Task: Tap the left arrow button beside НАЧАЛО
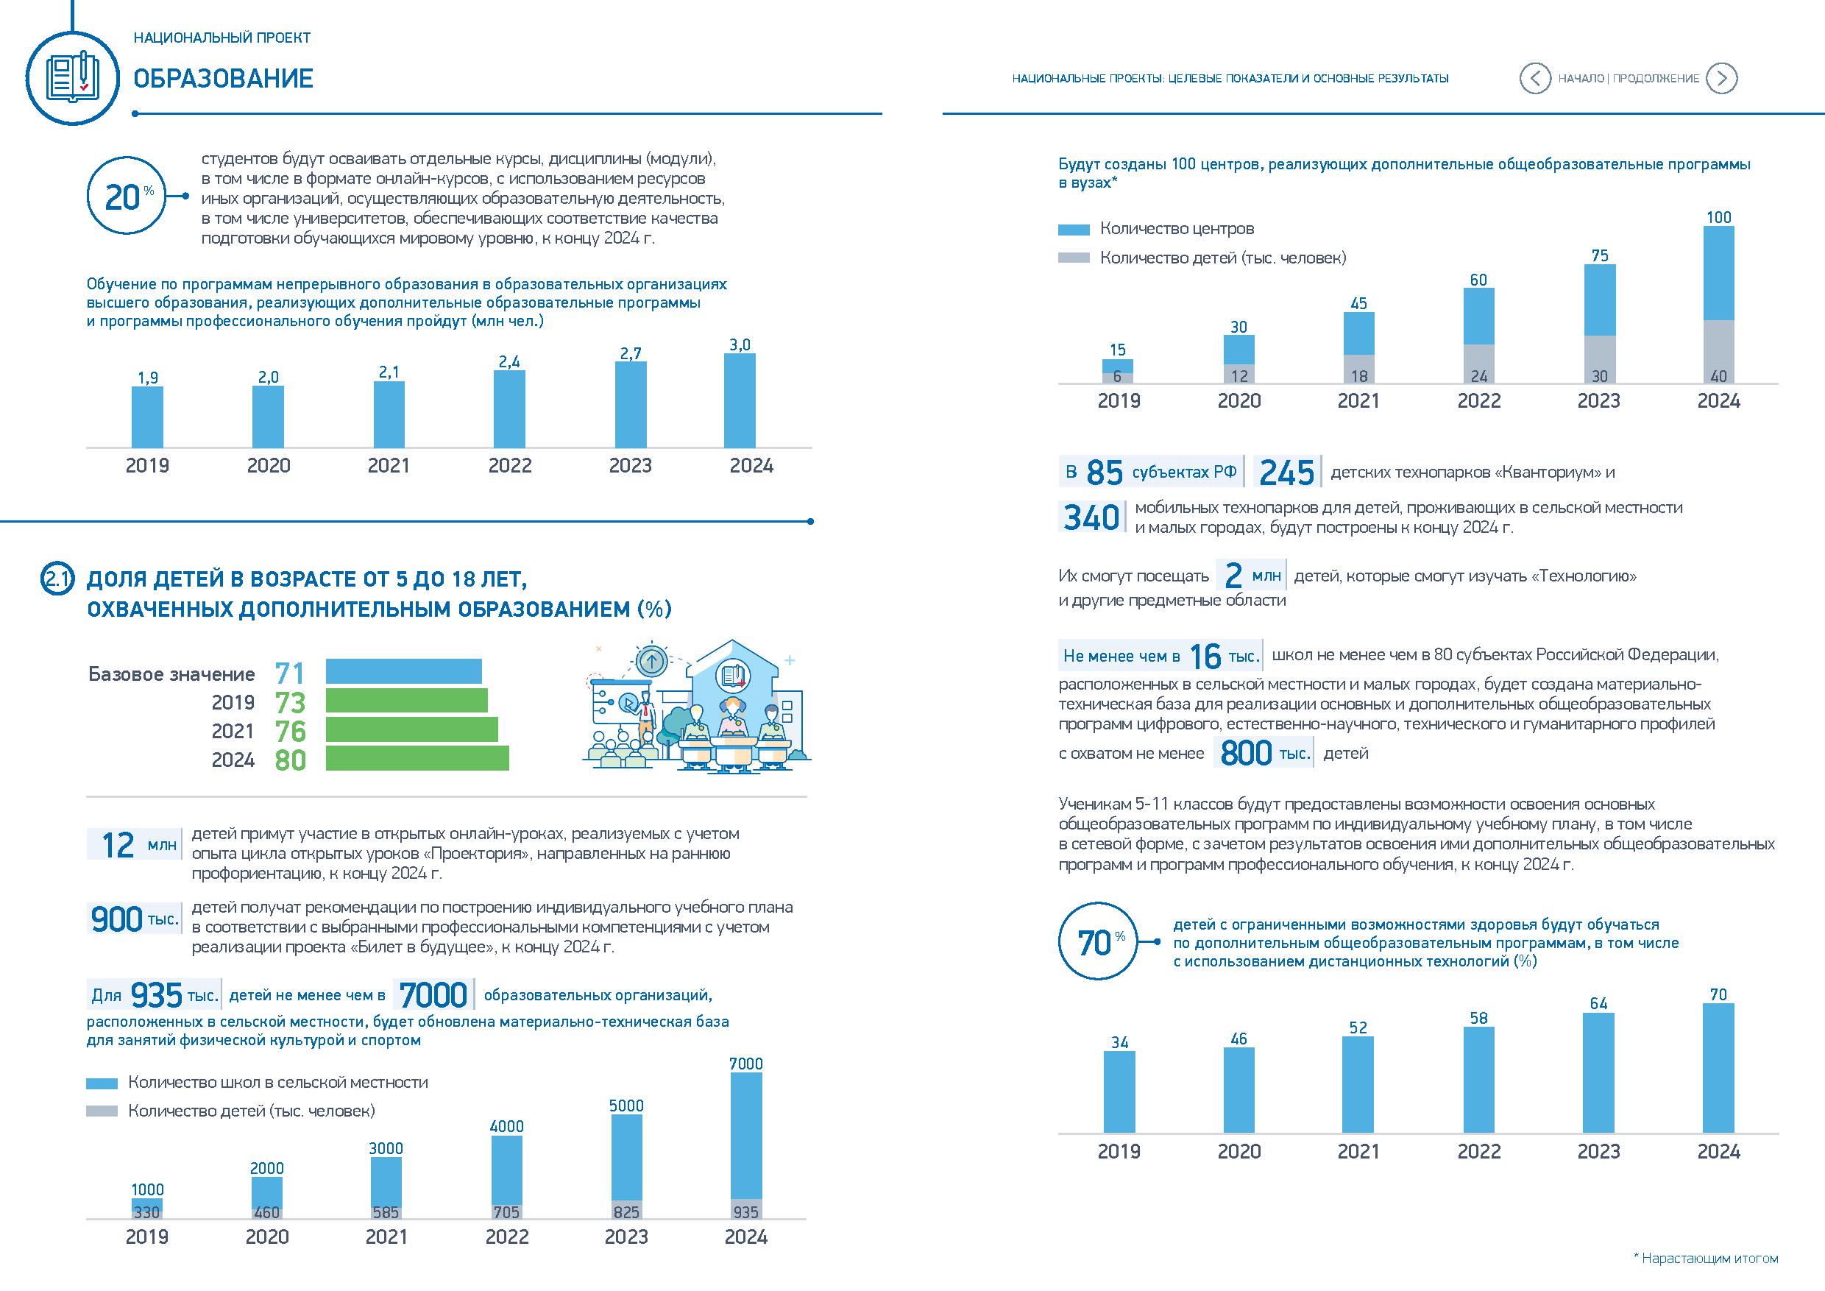(x=1534, y=78)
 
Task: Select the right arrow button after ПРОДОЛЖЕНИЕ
(x=1722, y=78)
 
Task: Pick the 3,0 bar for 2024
(x=740, y=400)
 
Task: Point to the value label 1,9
(x=148, y=378)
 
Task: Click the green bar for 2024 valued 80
(x=417, y=758)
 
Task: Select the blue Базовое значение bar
(x=404, y=672)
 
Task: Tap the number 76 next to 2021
(x=290, y=731)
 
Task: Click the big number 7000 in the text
(x=433, y=995)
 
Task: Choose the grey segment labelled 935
(x=745, y=1209)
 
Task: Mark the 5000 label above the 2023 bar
(x=626, y=1106)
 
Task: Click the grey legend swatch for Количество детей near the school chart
(x=102, y=1111)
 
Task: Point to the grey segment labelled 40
(x=1718, y=352)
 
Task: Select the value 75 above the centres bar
(x=1599, y=256)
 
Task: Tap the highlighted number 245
(x=1287, y=473)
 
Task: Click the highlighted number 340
(x=1091, y=517)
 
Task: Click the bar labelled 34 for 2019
(x=1119, y=1092)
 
